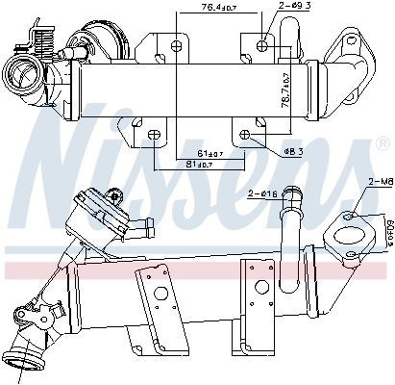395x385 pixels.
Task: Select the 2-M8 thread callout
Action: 380,180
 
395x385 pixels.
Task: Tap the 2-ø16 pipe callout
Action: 261,194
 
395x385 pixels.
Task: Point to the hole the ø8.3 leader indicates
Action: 247,133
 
